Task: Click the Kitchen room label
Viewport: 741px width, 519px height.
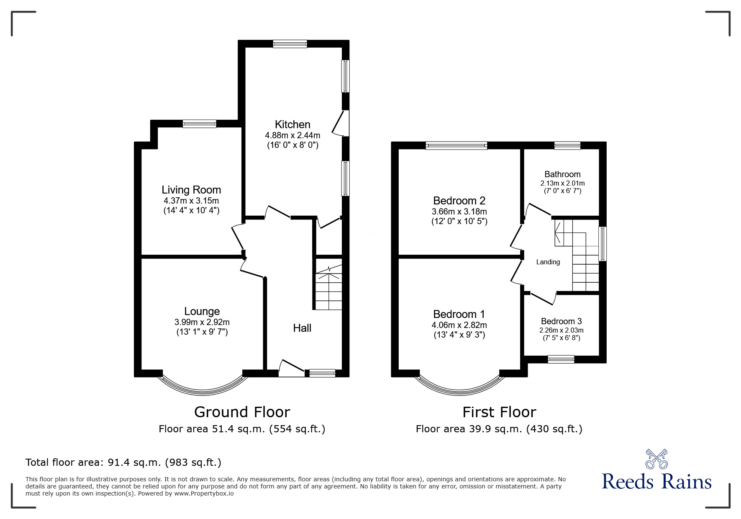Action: click(x=292, y=124)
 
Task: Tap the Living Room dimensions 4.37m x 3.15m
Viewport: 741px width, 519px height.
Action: click(x=191, y=201)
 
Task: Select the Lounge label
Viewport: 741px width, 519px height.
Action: click(x=202, y=311)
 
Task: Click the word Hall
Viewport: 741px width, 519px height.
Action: click(x=302, y=328)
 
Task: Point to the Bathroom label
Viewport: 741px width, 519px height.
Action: click(x=562, y=174)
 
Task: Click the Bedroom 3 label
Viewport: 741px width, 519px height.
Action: click(x=561, y=321)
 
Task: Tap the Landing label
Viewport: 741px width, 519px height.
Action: click(x=548, y=262)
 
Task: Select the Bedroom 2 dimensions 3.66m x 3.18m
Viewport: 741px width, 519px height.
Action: click(x=459, y=212)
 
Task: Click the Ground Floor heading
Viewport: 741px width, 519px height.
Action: click(x=242, y=412)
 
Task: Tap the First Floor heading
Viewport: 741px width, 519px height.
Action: click(x=499, y=412)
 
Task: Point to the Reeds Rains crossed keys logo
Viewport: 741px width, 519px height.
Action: click(x=656, y=459)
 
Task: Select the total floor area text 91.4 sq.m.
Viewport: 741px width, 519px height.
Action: click(x=123, y=462)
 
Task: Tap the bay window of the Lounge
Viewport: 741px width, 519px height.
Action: click(x=202, y=388)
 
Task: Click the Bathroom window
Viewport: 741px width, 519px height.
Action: click(x=567, y=146)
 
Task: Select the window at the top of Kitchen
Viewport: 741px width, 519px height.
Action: click(x=290, y=44)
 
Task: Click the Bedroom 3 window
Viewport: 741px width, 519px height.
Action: click(x=561, y=359)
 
